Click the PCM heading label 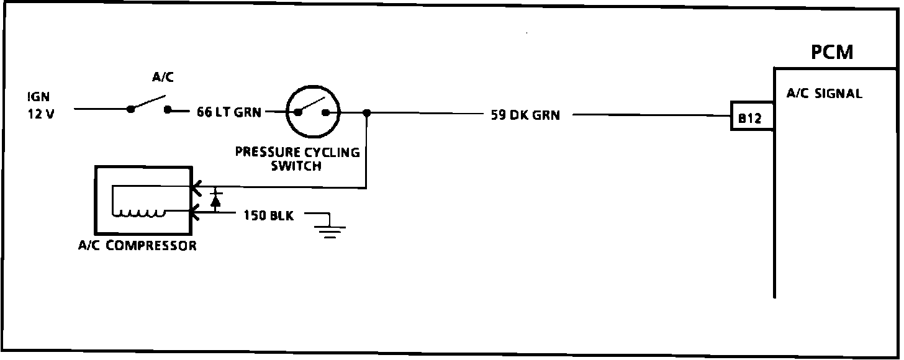click(832, 52)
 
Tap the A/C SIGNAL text click(824, 94)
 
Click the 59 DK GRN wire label click(525, 115)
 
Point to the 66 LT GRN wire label click(228, 112)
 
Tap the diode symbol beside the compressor click(216, 200)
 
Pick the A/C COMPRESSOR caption click(137, 245)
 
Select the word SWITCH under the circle click(296, 166)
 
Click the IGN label click(38, 97)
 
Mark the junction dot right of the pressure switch click(367, 113)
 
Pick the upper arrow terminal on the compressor click(194, 186)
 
